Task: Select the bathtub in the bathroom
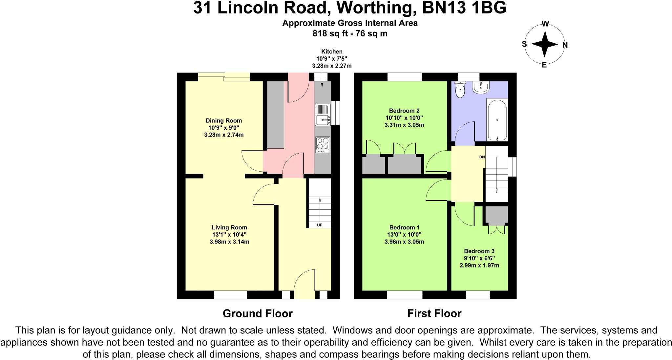(x=497, y=120)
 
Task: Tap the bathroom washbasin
(x=481, y=88)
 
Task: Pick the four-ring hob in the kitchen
(x=323, y=145)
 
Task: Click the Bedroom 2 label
(x=404, y=111)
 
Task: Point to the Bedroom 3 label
(x=479, y=251)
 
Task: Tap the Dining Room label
(x=223, y=120)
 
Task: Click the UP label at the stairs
(x=319, y=225)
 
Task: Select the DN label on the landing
(x=482, y=157)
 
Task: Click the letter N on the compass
(x=565, y=45)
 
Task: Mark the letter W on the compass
(x=545, y=24)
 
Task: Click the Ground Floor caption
(x=258, y=313)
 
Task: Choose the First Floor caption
(x=434, y=313)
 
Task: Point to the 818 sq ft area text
(x=331, y=33)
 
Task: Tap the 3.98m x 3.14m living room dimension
(x=229, y=242)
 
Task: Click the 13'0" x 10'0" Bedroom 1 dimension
(x=404, y=235)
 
